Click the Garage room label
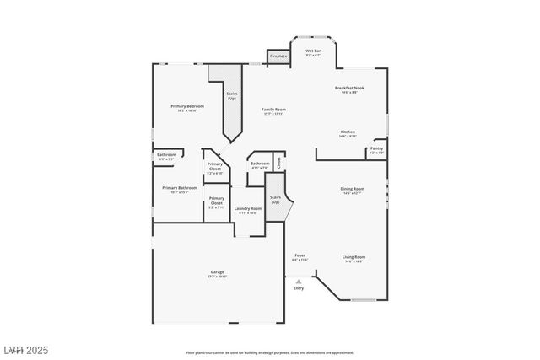[x=218, y=274]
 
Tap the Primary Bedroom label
[x=187, y=108]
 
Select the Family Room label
[x=273, y=110]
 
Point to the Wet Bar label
[x=313, y=52]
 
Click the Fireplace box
[x=278, y=56]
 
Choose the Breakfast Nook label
[x=348, y=89]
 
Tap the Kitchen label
[x=348, y=134]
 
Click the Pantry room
[x=377, y=151]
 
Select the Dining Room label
[x=352, y=191]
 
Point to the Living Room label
[x=353, y=259]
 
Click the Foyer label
[x=300, y=257]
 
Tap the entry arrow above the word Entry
[x=298, y=282]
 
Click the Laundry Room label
[x=248, y=210]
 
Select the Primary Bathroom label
[x=180, y=190]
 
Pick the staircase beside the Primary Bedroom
[x=231, y=105]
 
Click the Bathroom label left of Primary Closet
[x=165, y=156]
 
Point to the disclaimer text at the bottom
[x=269, y=352]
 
